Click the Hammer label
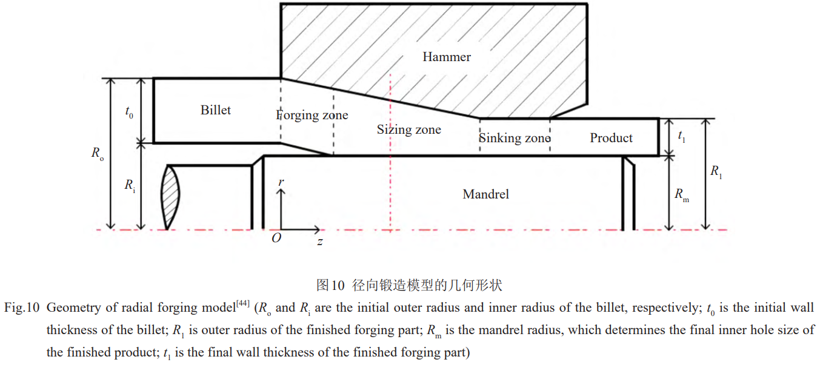click(x=446, y=57)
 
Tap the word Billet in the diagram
click(x=216, y=110)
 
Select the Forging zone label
click(x=312, y=115)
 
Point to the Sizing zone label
click(x=409, y=130)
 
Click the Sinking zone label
click(x=515, y=138)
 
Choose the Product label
click(x=611, y=138)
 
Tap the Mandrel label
click(x=486, y=194)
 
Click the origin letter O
click(x=276, y=238)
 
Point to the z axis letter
click(x=320, y=242)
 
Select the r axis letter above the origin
click(x=281, y=182)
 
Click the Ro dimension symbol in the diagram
click(x=98, y=153)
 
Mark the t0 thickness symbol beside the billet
click(x=129, y=112)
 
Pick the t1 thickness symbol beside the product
click(x=682, y=136)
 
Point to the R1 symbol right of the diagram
click(x=716, y=171)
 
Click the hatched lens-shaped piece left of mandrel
click(x=170, y=197)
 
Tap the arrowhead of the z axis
click(x=317, y=229)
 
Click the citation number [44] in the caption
click(x=242, y=303)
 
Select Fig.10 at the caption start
click(x=22, y=307)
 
